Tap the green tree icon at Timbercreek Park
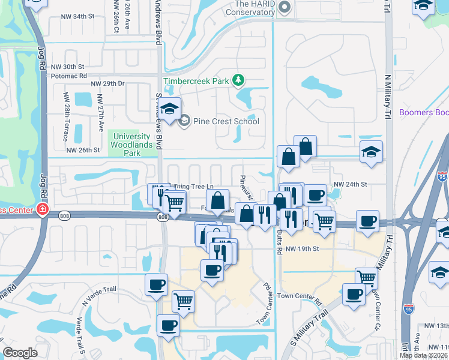coord(238,79)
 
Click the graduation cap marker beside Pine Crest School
coord(170,109)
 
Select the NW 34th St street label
coord(82,16)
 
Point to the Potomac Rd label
coord(70,76)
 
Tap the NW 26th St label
coord(82,150)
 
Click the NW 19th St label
coord(301,248)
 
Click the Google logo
coord(20,353)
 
